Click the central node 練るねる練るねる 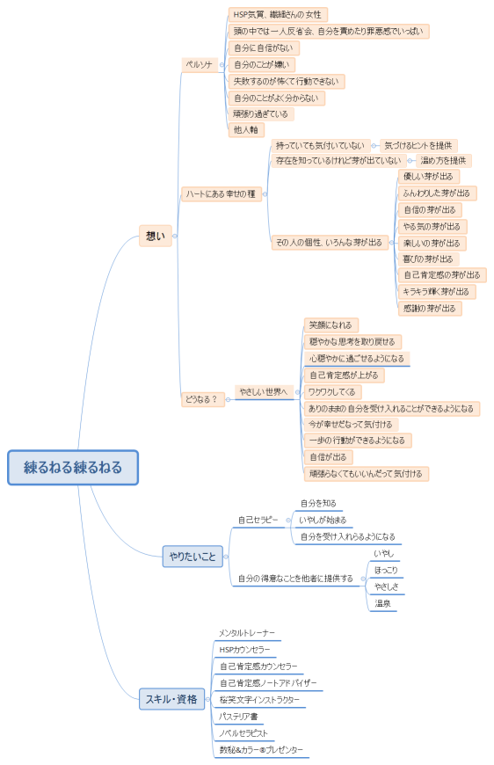click(x=73, y=468)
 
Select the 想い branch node click(x=155, y=236)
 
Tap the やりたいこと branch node click(x=193, y=556)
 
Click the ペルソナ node click(x=199, y=65)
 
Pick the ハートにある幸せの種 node click(x=222, y=194)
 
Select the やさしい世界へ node click(x=264, y=391)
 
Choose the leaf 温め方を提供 click(x=443, y=161)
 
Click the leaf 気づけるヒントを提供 click(x=418, y=145)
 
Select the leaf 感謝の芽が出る click(x=430, y=309)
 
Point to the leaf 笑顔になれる click(x=331, y=325)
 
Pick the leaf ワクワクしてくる click(x=332, y=391)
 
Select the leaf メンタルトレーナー click(x=247, y=633)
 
